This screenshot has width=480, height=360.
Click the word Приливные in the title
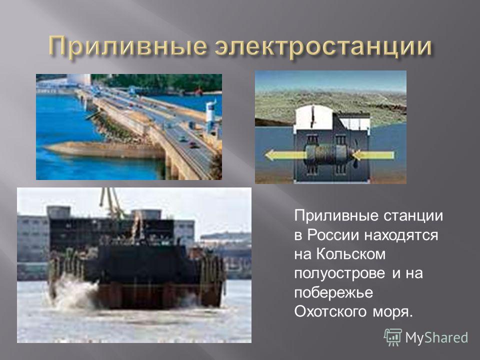pyautogui.click(x=127, y=46)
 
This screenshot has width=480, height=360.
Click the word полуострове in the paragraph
pyautogui.click(x=339, y=273)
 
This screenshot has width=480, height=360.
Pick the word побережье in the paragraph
pyautogui.click(x=333, y=292)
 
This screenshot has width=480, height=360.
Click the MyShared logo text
pyautogui.click(x=436, y=337)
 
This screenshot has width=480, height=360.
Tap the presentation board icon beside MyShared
pyautogui.click(x=393, y=337)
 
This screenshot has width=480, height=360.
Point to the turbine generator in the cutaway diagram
pyautogui.click(x=328, y=155)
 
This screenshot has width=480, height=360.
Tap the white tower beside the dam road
pyautogui.click(x=210, y=116)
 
